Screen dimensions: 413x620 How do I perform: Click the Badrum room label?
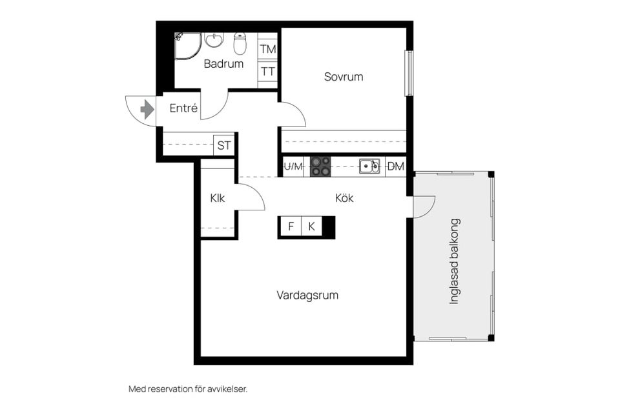click(x=223, y=64)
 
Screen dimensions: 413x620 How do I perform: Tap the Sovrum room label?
click(x=343, y=77)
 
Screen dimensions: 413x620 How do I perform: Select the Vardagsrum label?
click(x=307, y=296)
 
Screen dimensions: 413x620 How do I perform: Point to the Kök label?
click(x=344, y=198)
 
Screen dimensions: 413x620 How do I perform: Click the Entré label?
click(x=183, y=108)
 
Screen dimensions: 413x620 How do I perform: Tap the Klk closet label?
click(x=218, y=198)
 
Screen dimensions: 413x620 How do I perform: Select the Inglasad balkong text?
click(x=454, y=261)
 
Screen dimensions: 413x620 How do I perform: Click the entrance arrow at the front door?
click(x=147, y=109)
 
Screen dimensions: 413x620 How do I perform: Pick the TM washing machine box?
click(x=268, y=49)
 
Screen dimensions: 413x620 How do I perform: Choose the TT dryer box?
click(x=268, y=71)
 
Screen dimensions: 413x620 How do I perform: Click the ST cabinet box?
click(x=223, y=145)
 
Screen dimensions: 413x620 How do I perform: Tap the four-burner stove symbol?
click(x=320, y=166)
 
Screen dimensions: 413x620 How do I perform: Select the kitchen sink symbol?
click(x=369, y=166)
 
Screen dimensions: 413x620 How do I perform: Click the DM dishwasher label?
click(x=396, y=166)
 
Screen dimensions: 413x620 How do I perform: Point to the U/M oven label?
click(x=293, y=166)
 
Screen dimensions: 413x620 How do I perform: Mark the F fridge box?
click(x=291, y=227)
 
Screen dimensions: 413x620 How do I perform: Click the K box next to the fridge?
click(x=311, y=227)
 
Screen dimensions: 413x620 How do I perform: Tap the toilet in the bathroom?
click(x=240, y=44)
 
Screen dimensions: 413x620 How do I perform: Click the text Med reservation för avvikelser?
click(x=188, y=389)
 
